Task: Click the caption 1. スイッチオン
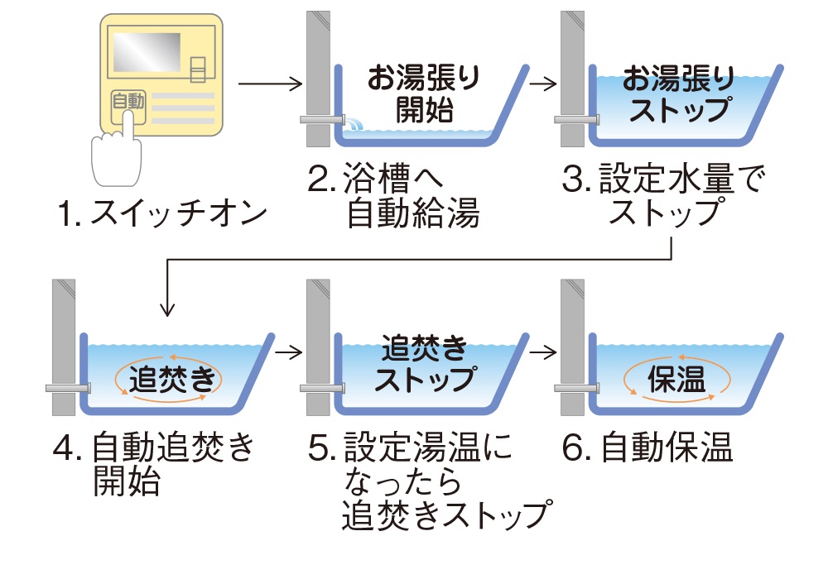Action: click(x=163, y=214)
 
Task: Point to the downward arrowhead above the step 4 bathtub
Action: click(x=168, y=309)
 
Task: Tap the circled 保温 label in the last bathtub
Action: click(x=677, y=380)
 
